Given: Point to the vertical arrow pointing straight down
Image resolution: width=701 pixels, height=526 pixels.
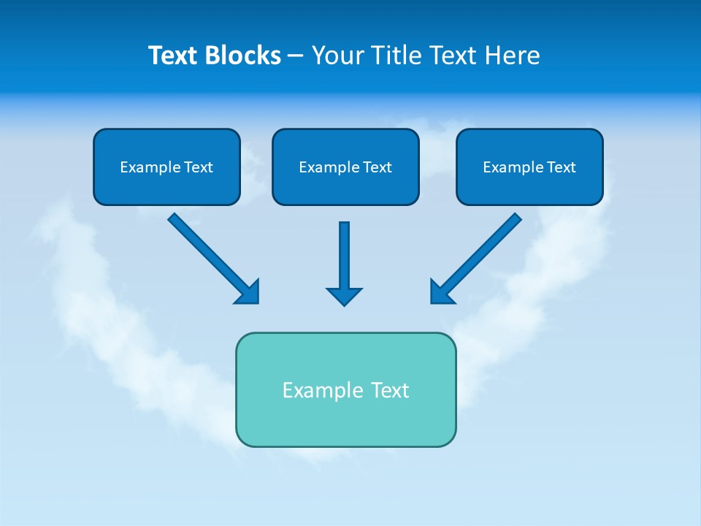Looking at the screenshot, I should pos(344,256).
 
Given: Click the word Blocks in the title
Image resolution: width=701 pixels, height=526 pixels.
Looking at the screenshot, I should pos(241,56).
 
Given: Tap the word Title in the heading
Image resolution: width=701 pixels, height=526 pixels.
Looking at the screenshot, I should pos(395,56).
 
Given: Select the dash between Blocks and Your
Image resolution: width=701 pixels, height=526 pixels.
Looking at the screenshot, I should pos(296,56).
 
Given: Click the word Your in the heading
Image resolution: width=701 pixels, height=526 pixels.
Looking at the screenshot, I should pos(338,56).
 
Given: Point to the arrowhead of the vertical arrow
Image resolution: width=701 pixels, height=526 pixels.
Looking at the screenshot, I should pos(344,297).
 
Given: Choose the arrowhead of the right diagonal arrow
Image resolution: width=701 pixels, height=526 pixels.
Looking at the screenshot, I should pos(441,292).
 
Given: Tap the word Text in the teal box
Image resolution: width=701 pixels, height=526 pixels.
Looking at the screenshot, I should pos(390,390).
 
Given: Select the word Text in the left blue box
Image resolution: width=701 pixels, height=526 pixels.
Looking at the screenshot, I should pos(198,167).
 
